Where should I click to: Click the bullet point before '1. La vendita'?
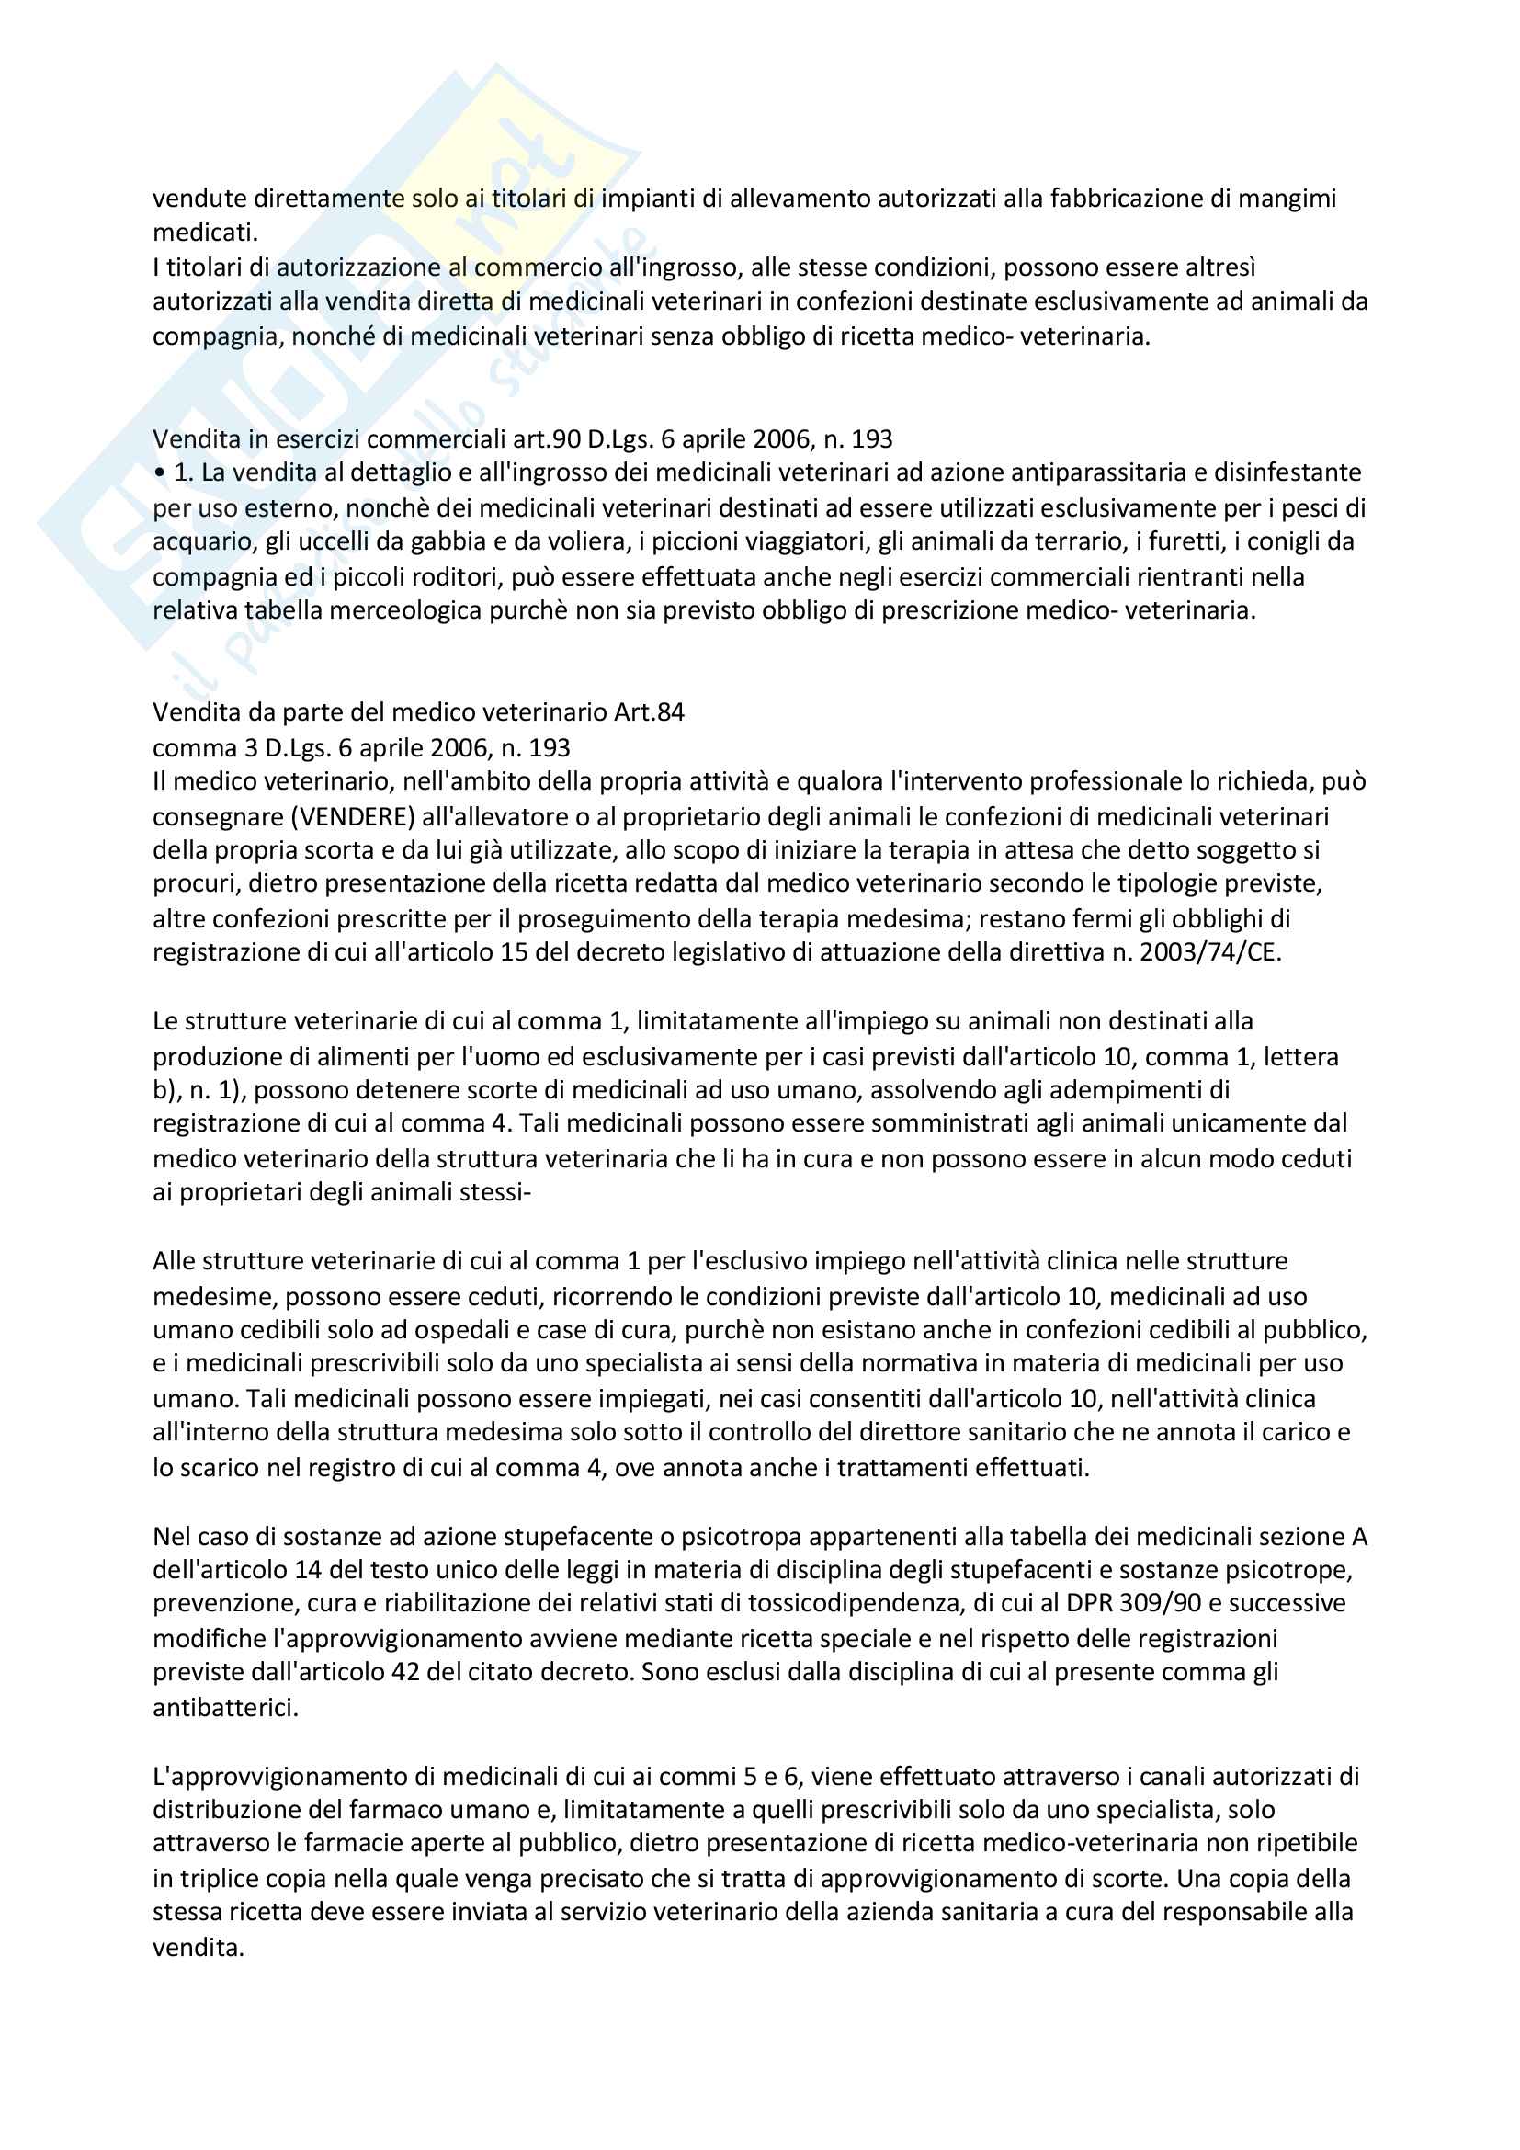click(x=160, y=473)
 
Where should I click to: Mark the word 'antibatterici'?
click(x=225, y=1707)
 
